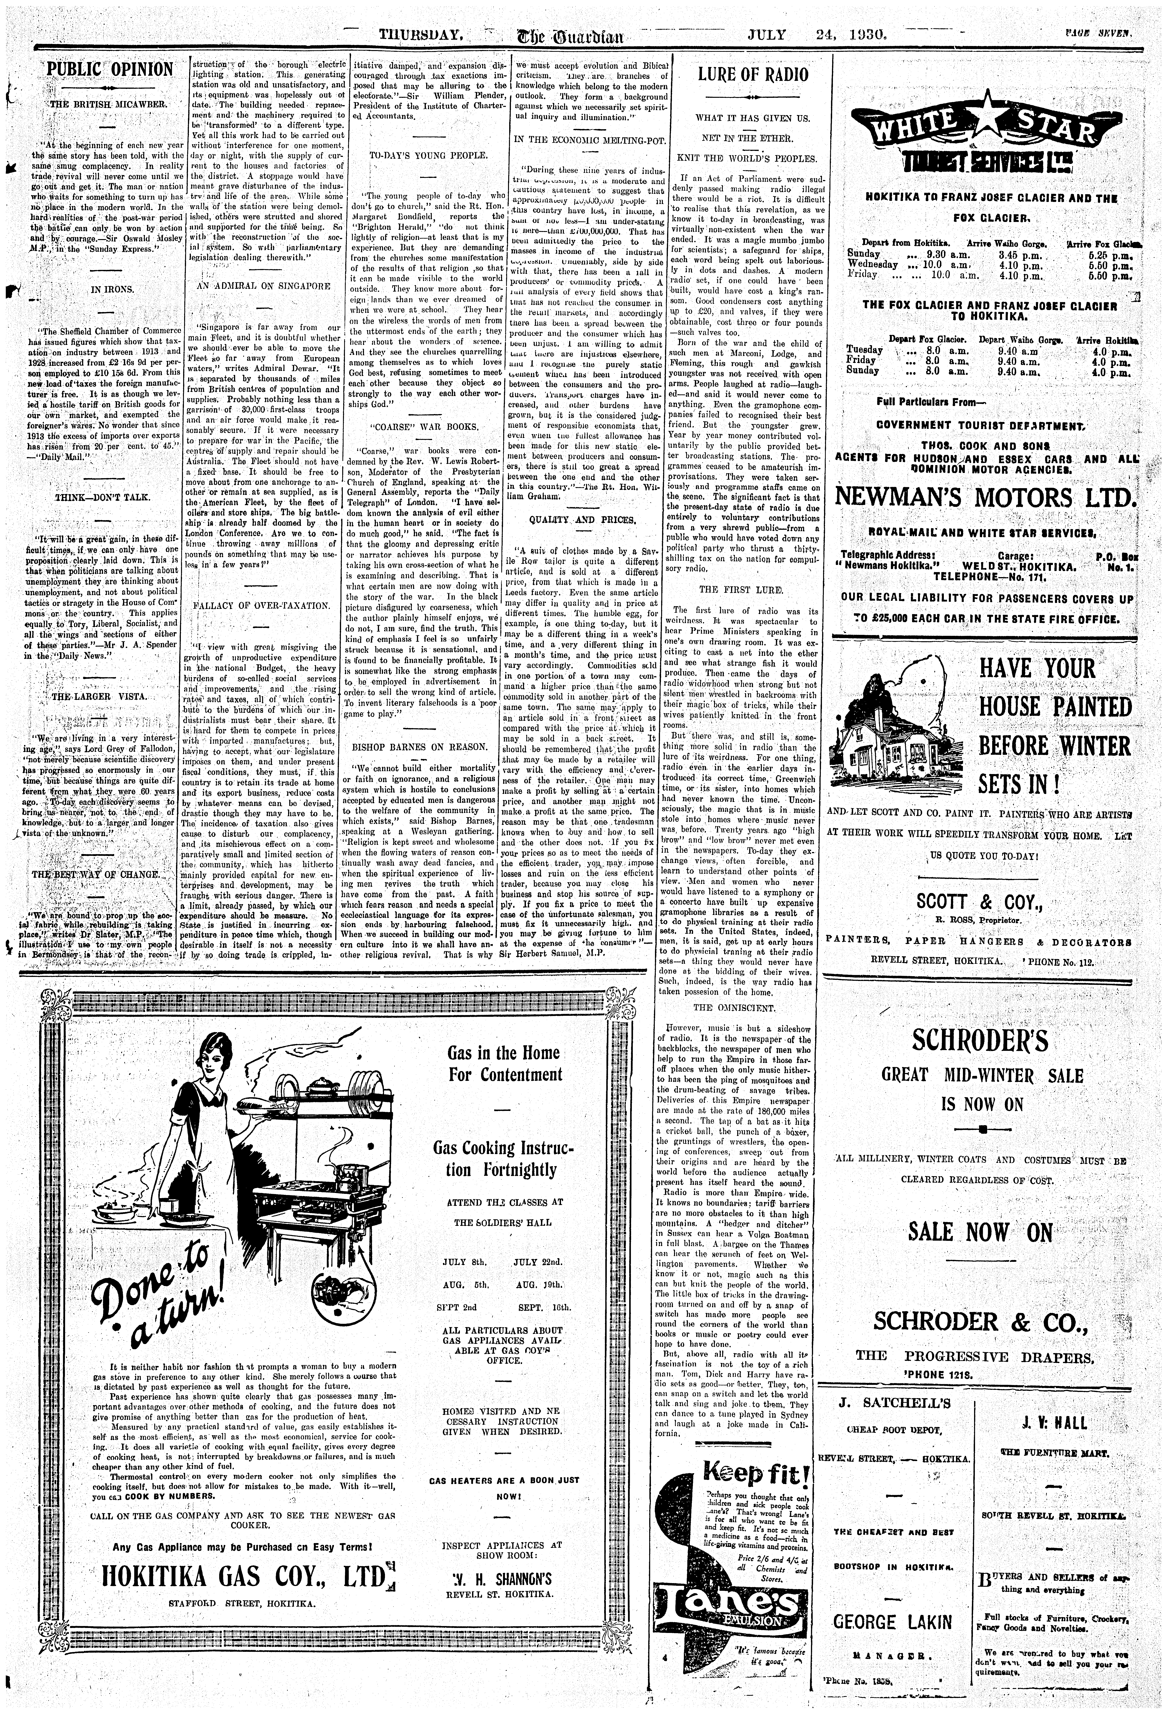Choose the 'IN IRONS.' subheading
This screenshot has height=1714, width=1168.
[112, 289]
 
